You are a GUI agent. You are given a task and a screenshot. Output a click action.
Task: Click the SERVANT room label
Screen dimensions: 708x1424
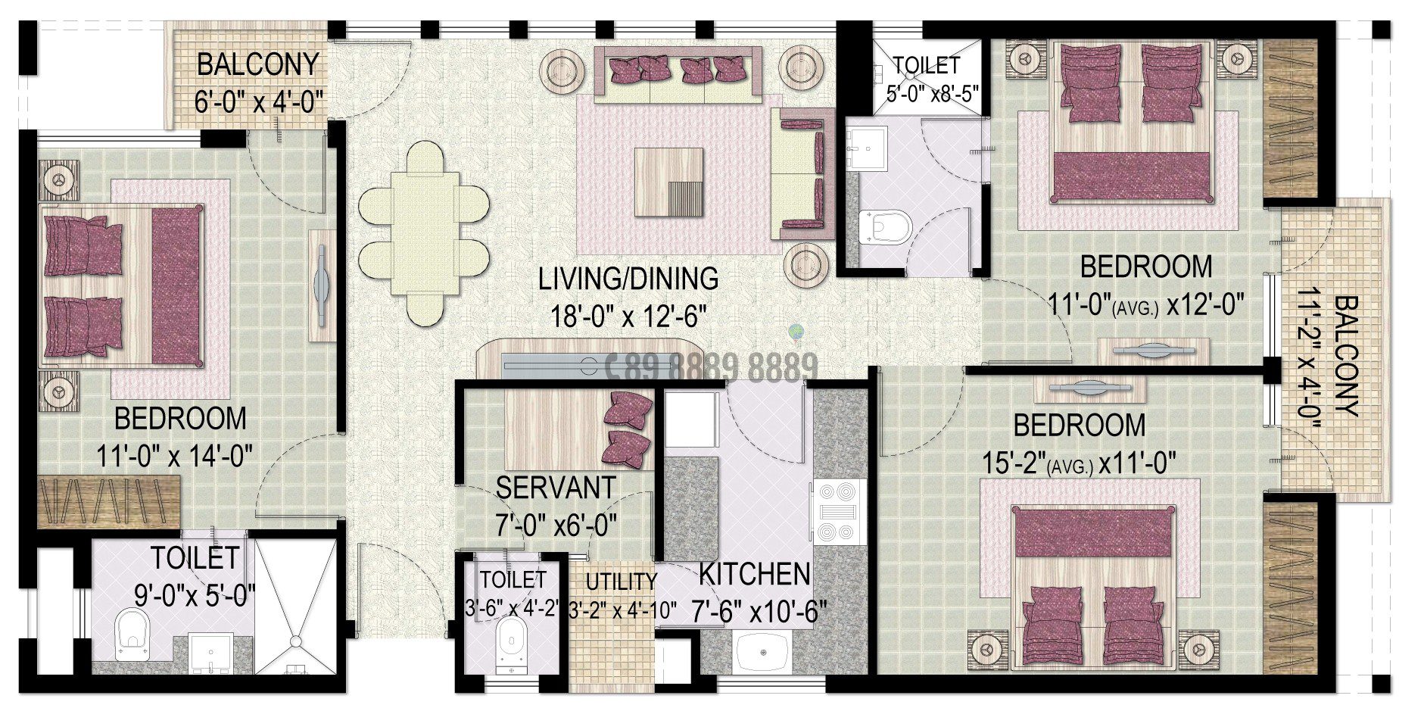tap(555, 487)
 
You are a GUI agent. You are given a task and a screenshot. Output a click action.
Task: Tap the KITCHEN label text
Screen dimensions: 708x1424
tap(754, 574)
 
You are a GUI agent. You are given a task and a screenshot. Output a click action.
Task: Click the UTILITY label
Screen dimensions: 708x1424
tap(622, 582)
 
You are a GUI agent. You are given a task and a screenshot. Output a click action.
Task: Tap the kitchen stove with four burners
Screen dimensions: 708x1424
tap(839, 512)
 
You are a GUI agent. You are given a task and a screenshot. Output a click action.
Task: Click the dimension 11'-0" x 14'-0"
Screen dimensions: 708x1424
tap(174, 457)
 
